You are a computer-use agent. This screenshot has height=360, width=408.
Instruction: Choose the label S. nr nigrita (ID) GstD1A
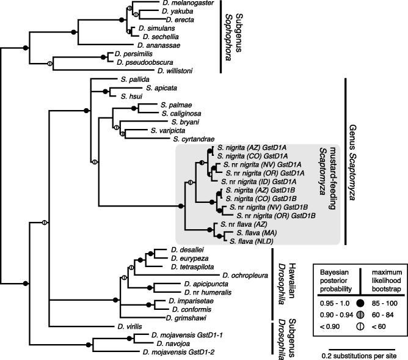[257, 182]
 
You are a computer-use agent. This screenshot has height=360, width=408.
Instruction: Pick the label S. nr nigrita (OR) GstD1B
[272, 216]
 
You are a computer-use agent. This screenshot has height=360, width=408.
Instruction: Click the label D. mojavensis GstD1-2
[178, 352]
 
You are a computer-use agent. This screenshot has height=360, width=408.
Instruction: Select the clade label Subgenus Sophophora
[235, 35]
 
